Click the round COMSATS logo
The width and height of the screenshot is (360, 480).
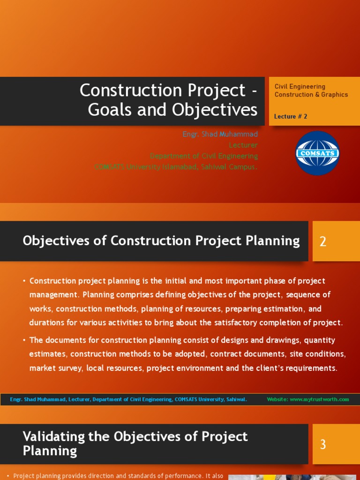click(x=317, y=153)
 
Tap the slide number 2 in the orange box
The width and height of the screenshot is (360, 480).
click(x=322, y=242)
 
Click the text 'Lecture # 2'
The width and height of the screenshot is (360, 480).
click(x=291, y=117)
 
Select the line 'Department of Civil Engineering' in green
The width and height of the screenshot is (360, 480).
click(x=203, y=156)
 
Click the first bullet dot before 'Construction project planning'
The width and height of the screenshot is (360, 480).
click(x=24, y=281)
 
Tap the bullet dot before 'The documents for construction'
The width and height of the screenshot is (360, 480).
click(x=24, y=340)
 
